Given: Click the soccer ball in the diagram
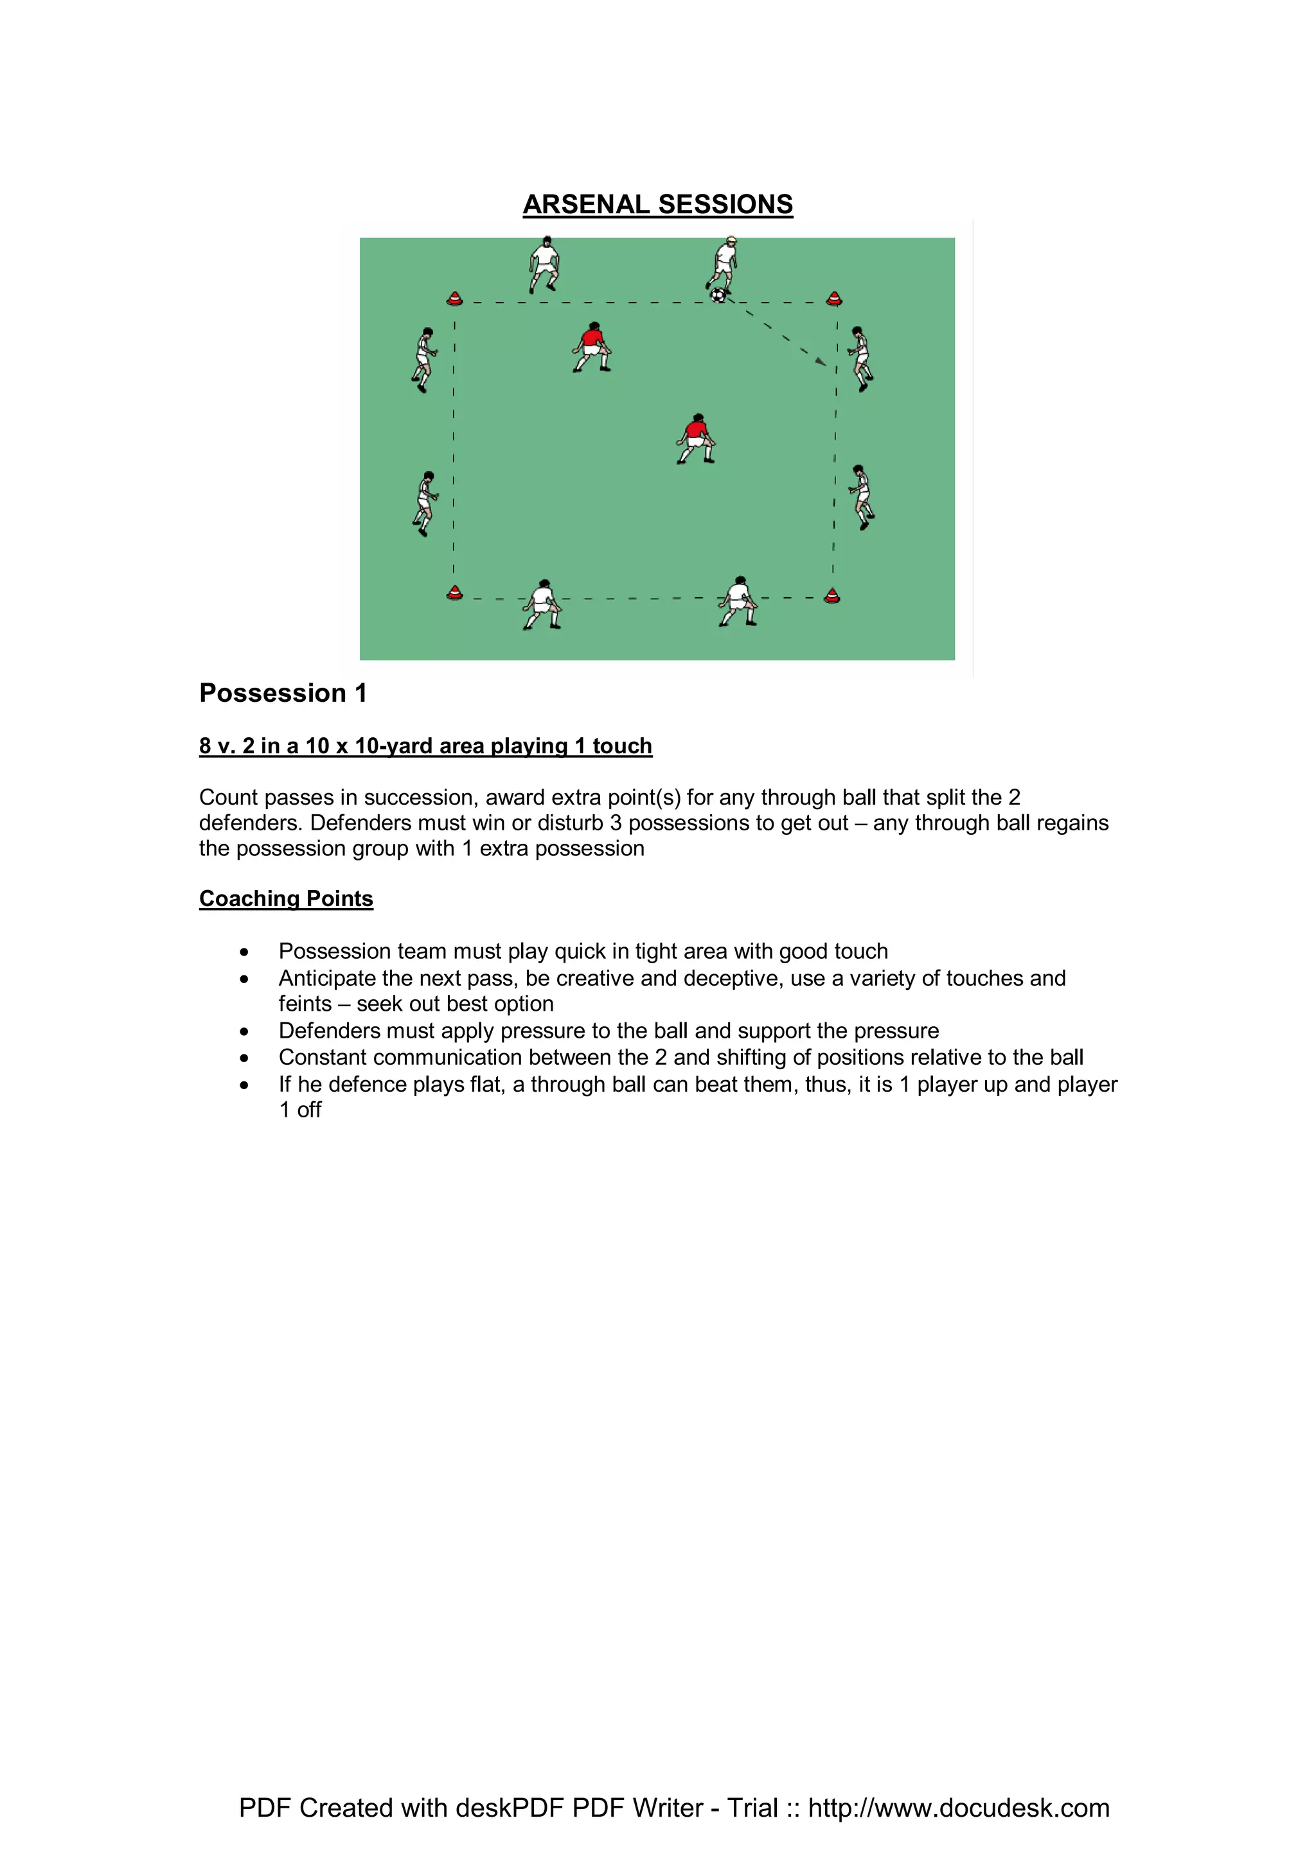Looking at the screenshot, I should (718, 295).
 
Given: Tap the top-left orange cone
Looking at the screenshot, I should (455, 298).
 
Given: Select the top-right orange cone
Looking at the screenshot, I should (834, 298).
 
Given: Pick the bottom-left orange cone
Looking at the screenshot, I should (455, 593).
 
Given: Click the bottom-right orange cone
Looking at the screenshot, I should (832, 597).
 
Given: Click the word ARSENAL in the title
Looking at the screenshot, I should (586, 204).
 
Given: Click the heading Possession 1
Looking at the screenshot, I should (283, 693).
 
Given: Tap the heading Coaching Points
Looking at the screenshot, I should (286, 899).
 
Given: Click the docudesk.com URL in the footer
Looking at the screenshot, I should (959, 1808).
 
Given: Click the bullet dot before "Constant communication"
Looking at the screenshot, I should (244, 1058).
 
